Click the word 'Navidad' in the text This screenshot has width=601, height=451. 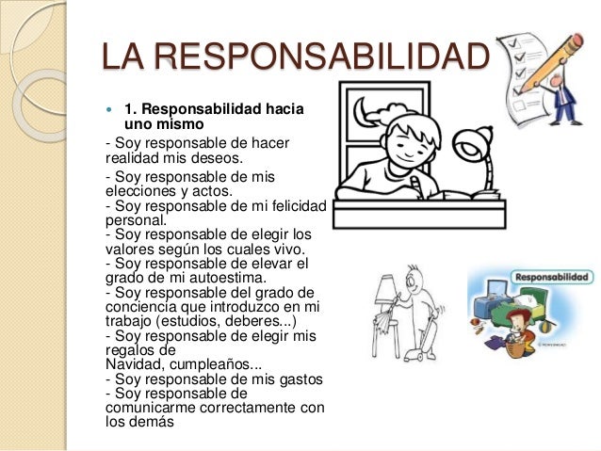click(133, 363)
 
